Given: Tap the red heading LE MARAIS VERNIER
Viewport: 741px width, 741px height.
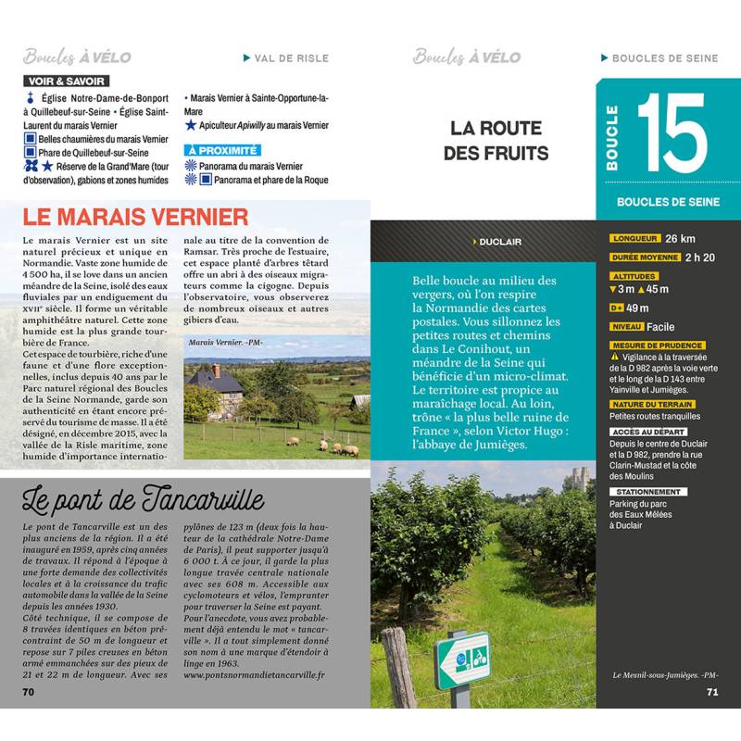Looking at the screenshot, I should pos(135,218).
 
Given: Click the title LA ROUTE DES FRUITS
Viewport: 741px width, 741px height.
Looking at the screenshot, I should pos(496,140).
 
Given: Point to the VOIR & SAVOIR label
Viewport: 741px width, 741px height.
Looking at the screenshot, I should pos(68,81).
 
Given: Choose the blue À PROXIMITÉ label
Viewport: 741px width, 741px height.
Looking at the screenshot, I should pos(222,150).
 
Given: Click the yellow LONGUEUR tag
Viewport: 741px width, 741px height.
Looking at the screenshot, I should pos(634,238).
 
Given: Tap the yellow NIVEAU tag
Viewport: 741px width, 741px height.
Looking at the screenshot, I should pos(628,327).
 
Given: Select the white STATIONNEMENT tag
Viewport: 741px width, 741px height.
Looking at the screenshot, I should pos(648,492).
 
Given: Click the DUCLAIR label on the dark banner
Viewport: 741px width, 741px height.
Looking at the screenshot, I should pos(499,242).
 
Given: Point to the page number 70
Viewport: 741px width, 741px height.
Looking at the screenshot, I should pos(28,691).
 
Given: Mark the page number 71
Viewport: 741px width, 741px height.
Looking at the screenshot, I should pos(712,691).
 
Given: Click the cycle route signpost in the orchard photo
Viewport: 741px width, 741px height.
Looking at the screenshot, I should pos(461,659).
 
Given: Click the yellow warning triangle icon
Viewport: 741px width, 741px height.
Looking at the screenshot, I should pos(614,356).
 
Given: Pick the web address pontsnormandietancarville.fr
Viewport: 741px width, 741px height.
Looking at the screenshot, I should pos(254,675).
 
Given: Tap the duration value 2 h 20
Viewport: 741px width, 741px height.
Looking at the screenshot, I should pos(701,257).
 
